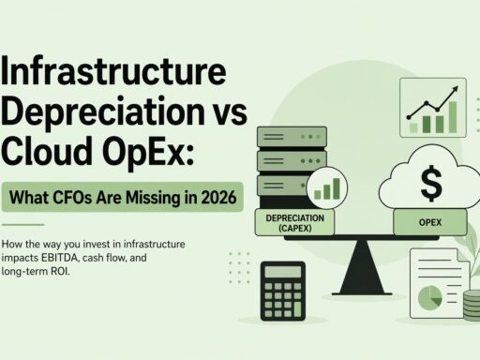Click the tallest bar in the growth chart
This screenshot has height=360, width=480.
click(x=454, y=114)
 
